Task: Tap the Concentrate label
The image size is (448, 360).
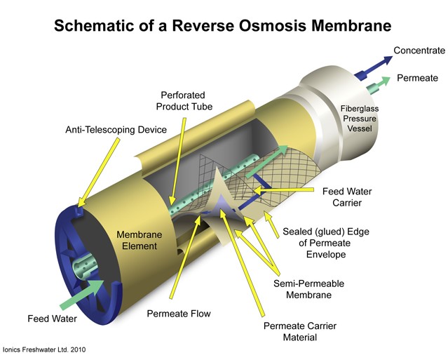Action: pyautogui.click(x=419, y=51)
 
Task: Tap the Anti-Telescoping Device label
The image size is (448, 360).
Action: pyautogui.click(x=116, y=130)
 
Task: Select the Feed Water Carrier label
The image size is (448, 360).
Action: pyautogui.click(x=347, y=197)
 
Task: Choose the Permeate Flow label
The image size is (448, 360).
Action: pyautogui.click(x=179, y=313)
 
